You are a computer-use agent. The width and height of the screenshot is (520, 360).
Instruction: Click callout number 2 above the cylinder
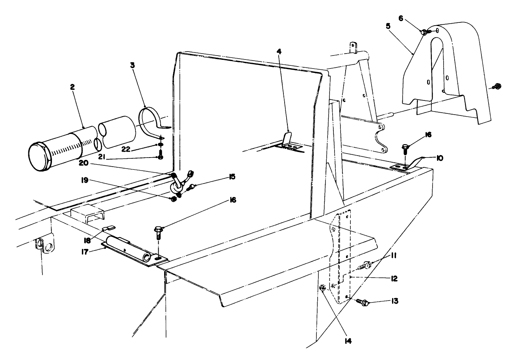72,87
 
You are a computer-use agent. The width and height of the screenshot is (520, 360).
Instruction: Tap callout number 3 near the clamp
133,65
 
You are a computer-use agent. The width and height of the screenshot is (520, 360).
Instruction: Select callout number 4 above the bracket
279,52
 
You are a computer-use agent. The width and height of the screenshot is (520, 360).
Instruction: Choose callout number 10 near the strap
439,158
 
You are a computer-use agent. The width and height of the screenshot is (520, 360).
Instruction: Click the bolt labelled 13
362,302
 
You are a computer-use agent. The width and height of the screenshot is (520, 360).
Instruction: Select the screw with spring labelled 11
365,266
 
